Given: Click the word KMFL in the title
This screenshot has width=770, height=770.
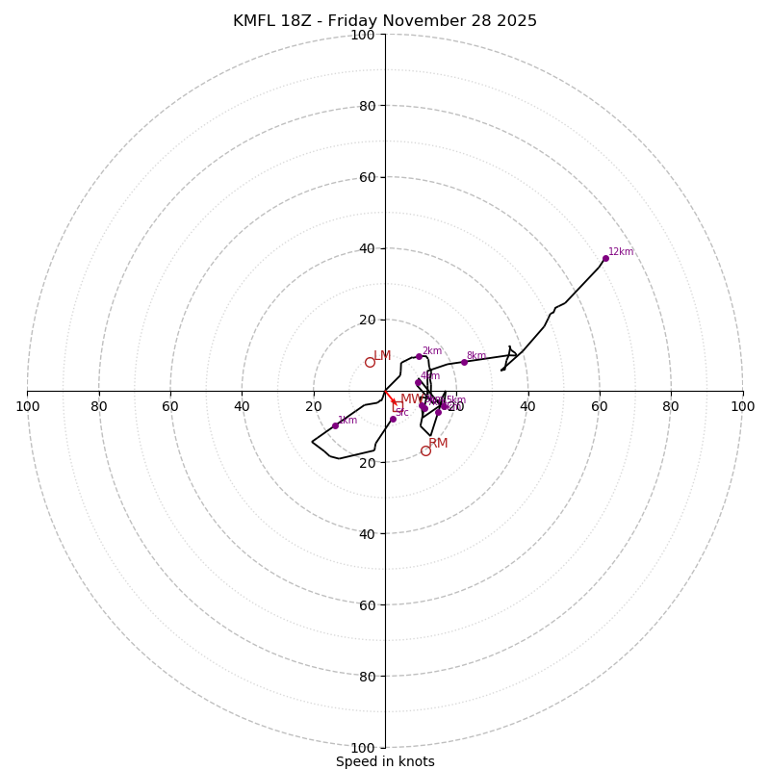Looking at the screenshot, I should pyautogui.click(x=254, y=21).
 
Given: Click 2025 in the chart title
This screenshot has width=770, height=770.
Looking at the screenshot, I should pyautogui.click(x=516, y=21).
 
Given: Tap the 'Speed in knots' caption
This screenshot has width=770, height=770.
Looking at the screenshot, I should pyautogui.click(x=385, y=761).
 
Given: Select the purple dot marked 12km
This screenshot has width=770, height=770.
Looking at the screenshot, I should pyautogui.click(x=605, y=258).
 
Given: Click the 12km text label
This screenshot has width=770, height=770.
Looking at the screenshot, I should pyautogui.click(x=621, y=252).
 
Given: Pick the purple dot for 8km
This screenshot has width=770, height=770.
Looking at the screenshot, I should pyautogui.click(x=464, y=362).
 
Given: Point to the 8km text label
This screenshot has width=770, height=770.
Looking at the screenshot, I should pyautogui.click(x=476, y=356).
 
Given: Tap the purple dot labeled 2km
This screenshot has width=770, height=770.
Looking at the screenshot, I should pyautogui.click(x=419, y=357).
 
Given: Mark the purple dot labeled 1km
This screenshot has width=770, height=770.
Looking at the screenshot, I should pyautogui.click(x=335, y=425).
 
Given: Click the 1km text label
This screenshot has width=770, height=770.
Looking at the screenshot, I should pyautogui.click(x=347, y=421).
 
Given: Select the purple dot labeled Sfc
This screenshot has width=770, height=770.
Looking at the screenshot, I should pyautogui.click(x=393, y=419).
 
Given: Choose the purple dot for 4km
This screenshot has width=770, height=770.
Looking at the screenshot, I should pyautogui.click(x=418, y=382).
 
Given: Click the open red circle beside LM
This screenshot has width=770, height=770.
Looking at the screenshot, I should pyautogui.click(x=370, y=362).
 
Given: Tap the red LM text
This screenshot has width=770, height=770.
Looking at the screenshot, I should pyautogui.click(x=382, y=356).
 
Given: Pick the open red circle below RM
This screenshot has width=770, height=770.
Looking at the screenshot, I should pyautogui.click(x=425, y=450).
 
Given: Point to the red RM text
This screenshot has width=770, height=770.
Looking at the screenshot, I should pyautogui.click(x=438, y=444).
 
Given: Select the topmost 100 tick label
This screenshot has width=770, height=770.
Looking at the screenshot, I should pyautogui.click(x=363, y=36).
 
